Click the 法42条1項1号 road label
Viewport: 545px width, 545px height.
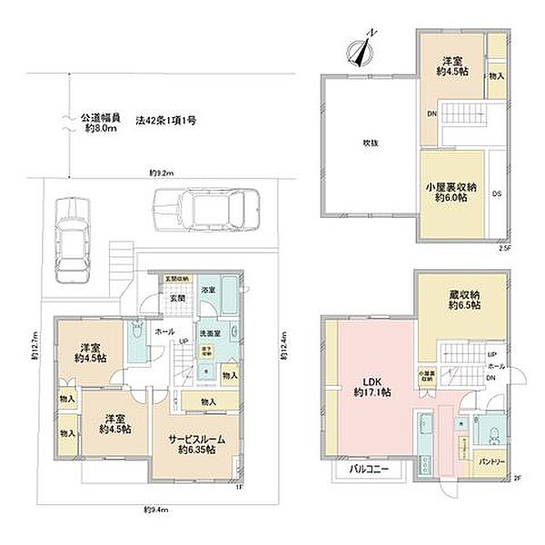pos(166,117)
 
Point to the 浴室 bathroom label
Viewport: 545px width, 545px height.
pos(208,290)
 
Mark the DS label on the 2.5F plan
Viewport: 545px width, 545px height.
pos(496,193)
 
